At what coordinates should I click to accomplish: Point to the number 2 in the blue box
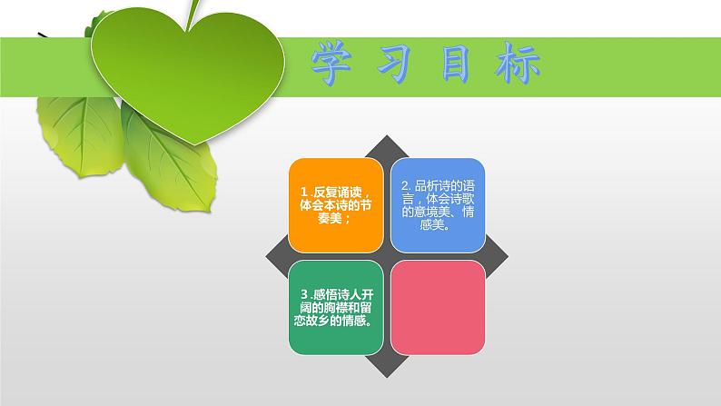(404, 184)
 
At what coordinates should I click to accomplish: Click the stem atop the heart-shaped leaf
(194, 11)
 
